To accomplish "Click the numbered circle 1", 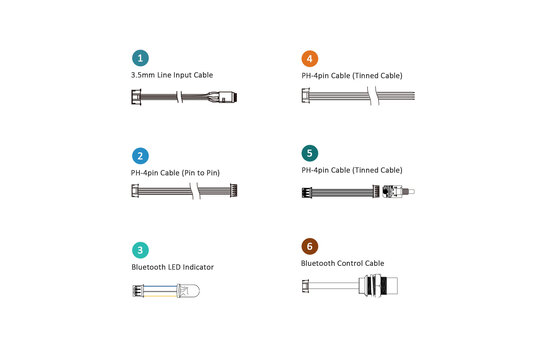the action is [140, 58].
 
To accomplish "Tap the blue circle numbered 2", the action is [140, 156].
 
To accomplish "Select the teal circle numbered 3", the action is [140, 250].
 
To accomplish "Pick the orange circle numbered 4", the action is [310, 58].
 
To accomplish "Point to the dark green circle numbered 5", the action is [310, 153].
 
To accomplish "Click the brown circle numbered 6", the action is [310, 246].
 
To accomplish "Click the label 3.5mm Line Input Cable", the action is [172, 75].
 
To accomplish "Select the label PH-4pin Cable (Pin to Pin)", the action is [175, 173].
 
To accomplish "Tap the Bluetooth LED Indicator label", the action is [172, 267].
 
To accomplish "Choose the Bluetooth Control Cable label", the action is [342, 263].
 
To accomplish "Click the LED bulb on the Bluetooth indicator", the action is [188, 290].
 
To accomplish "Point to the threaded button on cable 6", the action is [379, 285].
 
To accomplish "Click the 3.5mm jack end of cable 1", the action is [223, 97].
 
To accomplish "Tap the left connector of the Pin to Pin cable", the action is [135, 191].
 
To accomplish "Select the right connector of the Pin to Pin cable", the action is [234, 191].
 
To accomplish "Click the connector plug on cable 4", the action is [305, 96].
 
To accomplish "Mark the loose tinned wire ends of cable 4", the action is [397, 96].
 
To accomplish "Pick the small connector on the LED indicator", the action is [138, 291].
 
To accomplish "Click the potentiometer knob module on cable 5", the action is [398, 191].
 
